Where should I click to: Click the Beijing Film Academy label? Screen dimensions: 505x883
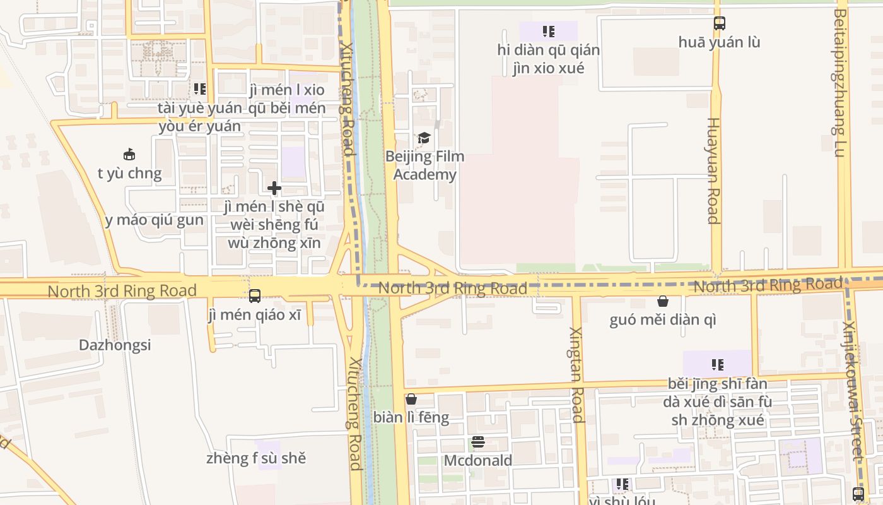424,165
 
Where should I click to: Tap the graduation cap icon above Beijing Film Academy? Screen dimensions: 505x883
424,138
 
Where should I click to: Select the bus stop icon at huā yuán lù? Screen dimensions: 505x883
720,23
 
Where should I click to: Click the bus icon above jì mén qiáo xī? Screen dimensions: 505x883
255,295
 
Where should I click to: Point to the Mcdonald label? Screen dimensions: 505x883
478,461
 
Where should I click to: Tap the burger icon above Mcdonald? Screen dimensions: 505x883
478,442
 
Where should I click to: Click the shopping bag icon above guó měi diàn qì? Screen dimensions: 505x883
663,301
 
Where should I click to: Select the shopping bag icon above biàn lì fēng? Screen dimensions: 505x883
411,399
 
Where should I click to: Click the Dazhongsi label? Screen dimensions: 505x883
115,345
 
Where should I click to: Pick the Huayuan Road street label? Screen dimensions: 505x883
713,170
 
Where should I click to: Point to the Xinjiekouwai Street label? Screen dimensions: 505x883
853,391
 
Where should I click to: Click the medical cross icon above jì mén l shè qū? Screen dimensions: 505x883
274,188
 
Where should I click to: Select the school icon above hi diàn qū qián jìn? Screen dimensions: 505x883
548,31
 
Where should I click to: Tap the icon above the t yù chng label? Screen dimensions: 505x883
129,154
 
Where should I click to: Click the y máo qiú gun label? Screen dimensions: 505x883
155,220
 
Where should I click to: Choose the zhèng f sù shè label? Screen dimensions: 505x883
256,458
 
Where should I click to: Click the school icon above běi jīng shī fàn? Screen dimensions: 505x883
717,364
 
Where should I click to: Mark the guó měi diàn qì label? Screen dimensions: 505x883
663,320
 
